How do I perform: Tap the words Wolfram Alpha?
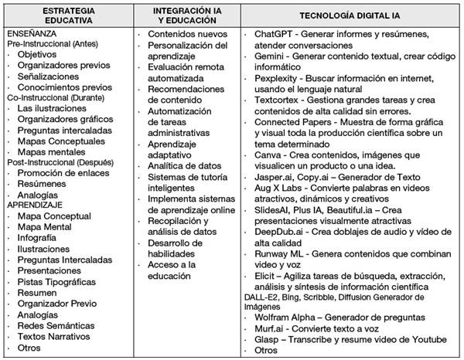click(285, 318)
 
